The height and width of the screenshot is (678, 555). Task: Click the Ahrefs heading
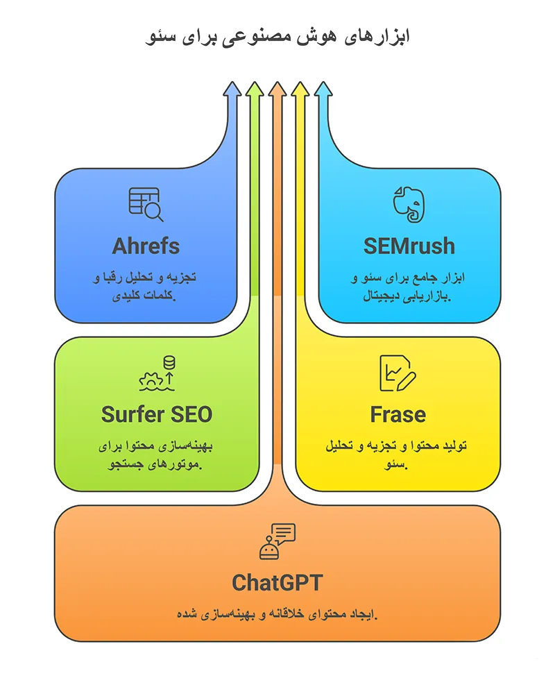(x=146, y=246)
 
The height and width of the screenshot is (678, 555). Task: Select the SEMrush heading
(x=409, y=246)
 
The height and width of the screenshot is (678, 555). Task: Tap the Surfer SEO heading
(x=156, y=414)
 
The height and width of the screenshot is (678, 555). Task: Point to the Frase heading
(x=398, y=414)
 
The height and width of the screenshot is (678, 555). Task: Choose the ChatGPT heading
(x=277, y=582)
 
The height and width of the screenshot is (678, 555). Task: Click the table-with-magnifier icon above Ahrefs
(x=146, y=204)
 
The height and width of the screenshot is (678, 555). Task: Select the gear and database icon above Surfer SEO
(x=157, y=373)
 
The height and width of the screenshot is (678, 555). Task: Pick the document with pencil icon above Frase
(x=397, y=373)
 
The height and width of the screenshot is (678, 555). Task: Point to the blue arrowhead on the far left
(x=232, y=89)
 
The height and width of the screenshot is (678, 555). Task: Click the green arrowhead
(x=254, y=89)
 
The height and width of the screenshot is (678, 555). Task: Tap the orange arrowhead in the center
(x=277, y=89)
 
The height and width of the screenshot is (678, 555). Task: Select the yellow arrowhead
(x=300, y=89)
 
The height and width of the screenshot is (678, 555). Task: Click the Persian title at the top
(x=277, y=37)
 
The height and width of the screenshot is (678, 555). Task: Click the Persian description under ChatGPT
(x=277, y=614)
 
